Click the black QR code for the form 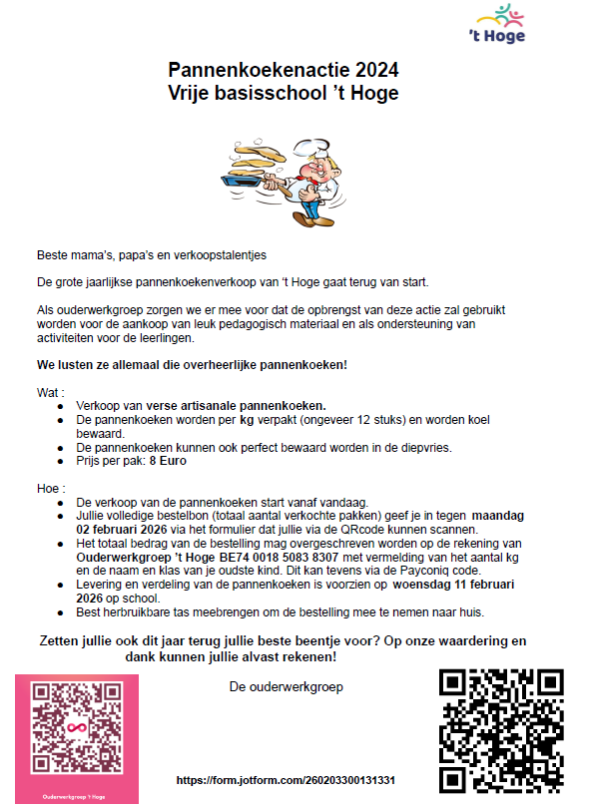coord(502,730)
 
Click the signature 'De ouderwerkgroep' coord(286,686)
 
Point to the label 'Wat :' coord(51,393)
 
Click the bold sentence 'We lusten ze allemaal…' coord(192,365)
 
